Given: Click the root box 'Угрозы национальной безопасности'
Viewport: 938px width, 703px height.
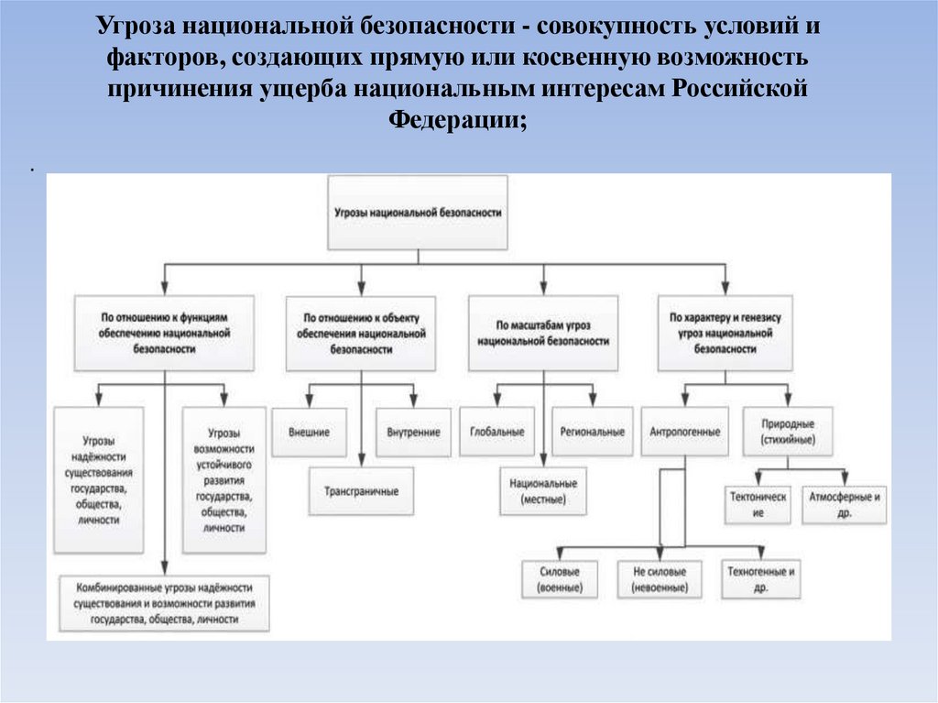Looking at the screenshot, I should (417, 212).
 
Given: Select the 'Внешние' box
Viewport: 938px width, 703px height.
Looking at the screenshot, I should (309, 432).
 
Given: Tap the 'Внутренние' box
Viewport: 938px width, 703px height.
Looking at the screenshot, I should (413, 432).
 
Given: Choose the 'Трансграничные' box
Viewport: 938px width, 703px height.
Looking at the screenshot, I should (361, 491).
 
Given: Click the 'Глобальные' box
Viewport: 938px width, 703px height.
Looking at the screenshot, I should (497, 432).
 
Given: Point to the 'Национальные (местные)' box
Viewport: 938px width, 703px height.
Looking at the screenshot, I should (543, 490).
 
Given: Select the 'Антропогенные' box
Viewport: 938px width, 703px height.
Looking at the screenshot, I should (684, 432).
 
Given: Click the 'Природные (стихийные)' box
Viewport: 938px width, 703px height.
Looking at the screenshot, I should (788, 432).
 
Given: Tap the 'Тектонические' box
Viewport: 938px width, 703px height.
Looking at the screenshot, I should (758, 505).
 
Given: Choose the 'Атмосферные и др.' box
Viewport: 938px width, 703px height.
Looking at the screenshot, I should (844, 505).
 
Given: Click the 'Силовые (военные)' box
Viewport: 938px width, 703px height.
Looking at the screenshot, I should (560, 578).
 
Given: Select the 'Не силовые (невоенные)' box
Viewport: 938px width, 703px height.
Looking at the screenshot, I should (659, 578).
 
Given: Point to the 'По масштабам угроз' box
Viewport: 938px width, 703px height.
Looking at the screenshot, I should (543, 332).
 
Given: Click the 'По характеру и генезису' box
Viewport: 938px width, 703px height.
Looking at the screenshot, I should (725, 332).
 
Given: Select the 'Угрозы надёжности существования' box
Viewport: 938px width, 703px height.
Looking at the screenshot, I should (98, 480).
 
